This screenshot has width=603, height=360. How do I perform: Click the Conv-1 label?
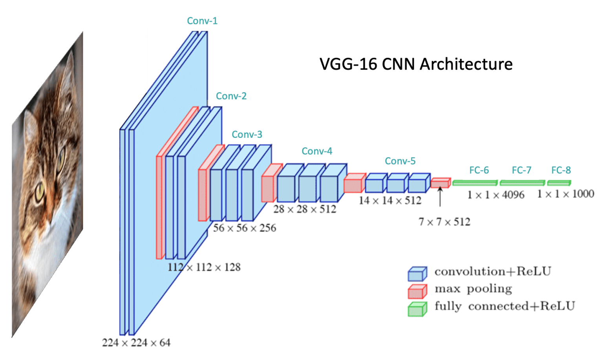(x=202, y=21)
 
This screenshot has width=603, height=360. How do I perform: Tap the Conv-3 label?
(x=247, y=135)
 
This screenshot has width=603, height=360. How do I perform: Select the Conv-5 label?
(x=400, y=161)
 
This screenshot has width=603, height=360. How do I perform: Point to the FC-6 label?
(x=479, y=170)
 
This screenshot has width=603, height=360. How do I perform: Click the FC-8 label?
(x=561, y=170)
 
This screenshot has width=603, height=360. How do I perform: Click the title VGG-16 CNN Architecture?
(x=416, y=64)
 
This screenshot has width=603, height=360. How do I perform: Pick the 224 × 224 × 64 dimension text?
(x=136, y=343)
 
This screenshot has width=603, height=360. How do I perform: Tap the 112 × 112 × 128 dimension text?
(x=204, y=267)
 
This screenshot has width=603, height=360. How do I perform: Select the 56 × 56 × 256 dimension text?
(x=244, y=228)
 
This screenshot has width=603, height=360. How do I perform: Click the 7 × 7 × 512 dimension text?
(x=444, y=222)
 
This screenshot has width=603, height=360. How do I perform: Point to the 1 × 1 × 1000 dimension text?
(x=565, y=194)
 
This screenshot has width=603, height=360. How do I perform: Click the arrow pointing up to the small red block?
(x=440, y=196)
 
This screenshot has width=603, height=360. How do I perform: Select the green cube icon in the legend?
(x=417, y=309)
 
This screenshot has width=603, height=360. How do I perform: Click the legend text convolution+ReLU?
(x=492, y=272)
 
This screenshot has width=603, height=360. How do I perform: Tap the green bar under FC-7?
(x=522, y=183)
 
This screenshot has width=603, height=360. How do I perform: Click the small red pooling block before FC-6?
(x=440, y=183)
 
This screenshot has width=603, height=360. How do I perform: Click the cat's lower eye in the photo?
(x=40, y=192)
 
